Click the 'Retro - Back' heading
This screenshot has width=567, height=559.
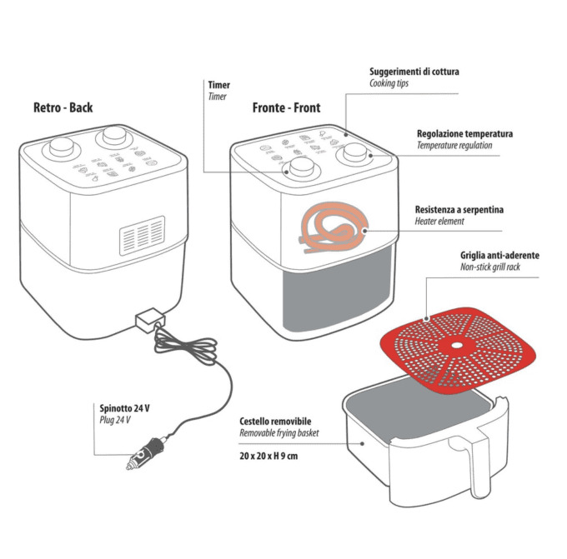pos(63,107)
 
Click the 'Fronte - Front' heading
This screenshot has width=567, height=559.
pos(286,107)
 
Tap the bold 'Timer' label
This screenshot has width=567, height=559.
pos(218,85)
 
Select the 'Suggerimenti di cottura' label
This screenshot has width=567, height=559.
pos(414,72)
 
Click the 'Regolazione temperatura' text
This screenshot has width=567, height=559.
pos(464,133)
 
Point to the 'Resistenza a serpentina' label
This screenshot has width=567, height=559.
pos(459,209)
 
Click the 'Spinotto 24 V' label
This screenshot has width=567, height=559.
pos(124,408)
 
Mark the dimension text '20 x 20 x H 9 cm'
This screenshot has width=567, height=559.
pos(268,456)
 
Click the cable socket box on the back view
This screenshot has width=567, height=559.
pos(147,320)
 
